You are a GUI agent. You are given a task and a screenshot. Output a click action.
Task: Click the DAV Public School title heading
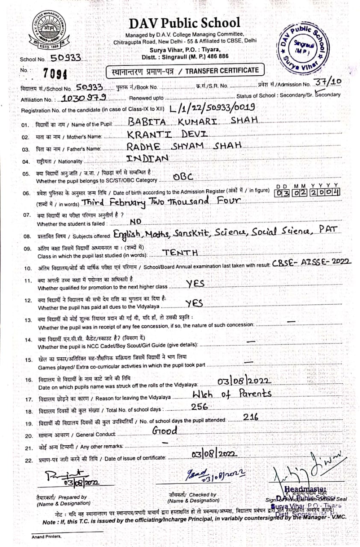tap(184, 23)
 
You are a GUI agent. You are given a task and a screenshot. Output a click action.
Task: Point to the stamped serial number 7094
tap(56, 74)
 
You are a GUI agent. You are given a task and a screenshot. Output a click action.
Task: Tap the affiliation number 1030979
tap(83, 98)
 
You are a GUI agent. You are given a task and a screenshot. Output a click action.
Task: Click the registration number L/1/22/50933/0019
tap(212, 107)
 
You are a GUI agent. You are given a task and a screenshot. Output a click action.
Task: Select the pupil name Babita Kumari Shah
tap(193, 121)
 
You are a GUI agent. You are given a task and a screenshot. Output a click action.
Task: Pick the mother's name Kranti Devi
tap(167, 134)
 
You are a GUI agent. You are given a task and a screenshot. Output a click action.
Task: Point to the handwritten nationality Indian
tap(148, 159)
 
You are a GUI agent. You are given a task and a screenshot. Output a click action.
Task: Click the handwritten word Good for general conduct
tap(165, 431)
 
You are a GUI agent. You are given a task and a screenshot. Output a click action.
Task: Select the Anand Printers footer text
tap(47, 536)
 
